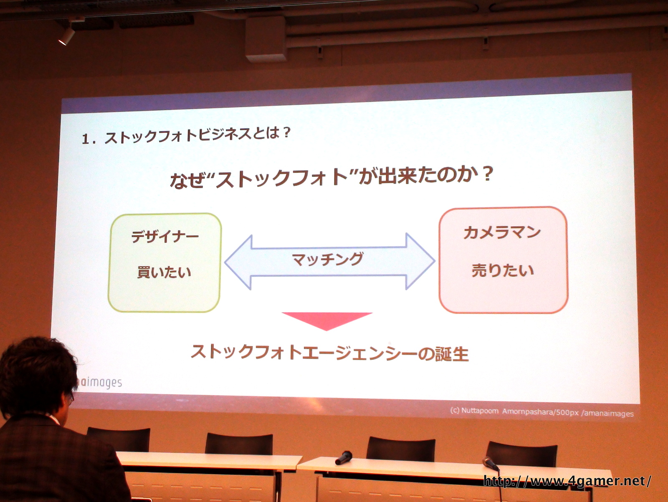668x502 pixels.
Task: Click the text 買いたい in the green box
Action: tap(164, 272)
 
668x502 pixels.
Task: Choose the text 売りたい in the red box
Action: tap(503, 270)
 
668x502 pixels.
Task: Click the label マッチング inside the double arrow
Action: tap(328, 260)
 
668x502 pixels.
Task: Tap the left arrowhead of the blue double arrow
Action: tap(238, 262)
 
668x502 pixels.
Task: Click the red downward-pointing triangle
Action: tap(327, 320)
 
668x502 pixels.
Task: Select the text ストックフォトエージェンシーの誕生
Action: tap(329, 353)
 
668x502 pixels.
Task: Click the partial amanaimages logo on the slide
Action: tap(99, 383)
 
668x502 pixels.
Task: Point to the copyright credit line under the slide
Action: tap(541, 412)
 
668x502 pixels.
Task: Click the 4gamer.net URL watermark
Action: tap(567, 481)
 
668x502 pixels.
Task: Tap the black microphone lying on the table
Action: tap(344, 458)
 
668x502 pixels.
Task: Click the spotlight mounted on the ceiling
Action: tap(67, 35)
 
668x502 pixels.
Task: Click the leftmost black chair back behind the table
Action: tap(119, 439)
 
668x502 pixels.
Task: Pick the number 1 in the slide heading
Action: tap(86, 139)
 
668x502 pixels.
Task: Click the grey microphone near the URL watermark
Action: tap(490, 463)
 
